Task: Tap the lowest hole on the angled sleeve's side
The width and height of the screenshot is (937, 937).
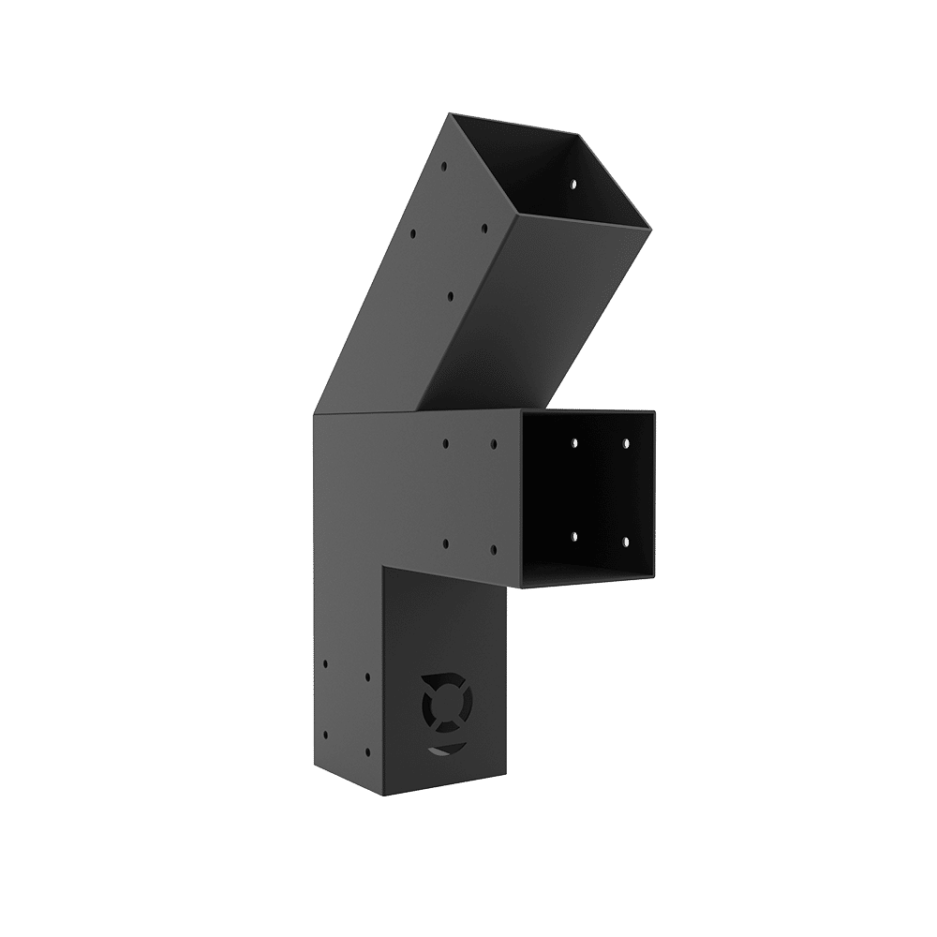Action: coord(450,296)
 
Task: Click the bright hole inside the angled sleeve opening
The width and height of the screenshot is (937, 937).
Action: coord(570,184)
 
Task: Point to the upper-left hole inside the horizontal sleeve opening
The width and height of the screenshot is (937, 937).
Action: coord(574,441)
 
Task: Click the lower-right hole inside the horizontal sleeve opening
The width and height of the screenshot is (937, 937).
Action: coord(624,543)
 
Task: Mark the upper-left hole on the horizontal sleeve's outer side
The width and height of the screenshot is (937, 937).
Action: coord(446,443)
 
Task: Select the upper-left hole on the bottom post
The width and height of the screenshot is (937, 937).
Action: coord(324,663)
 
